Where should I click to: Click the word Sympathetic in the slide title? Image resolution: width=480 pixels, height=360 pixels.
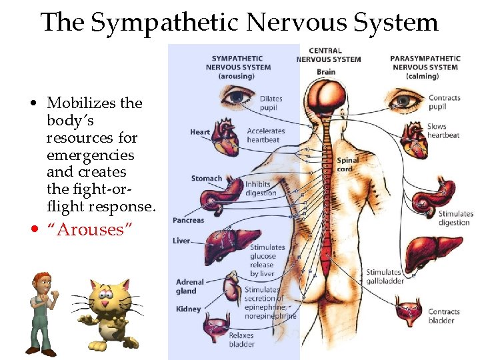(x=164, y=23)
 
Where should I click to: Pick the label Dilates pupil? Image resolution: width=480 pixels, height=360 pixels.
(x=271, y=103)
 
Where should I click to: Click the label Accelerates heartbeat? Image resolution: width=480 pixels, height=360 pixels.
(x=265, y=135)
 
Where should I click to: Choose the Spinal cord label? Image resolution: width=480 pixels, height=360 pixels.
(x=347, y=165)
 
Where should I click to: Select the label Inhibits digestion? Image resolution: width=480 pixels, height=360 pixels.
(x=260, y=189)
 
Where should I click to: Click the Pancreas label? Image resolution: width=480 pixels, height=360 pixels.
(x=189, y=220)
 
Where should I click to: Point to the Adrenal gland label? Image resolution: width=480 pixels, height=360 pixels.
(x=190, y=286)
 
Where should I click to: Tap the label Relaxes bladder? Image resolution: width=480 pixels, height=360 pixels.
(x=241, y=340)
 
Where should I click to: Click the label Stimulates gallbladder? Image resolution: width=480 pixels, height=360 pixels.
(x=384, y=276)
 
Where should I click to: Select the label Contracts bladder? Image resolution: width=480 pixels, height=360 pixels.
(x=444, y=316)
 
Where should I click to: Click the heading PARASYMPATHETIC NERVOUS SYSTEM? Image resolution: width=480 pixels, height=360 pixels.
(x=425, y=67)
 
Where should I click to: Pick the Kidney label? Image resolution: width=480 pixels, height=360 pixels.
(x=189, y=309)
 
